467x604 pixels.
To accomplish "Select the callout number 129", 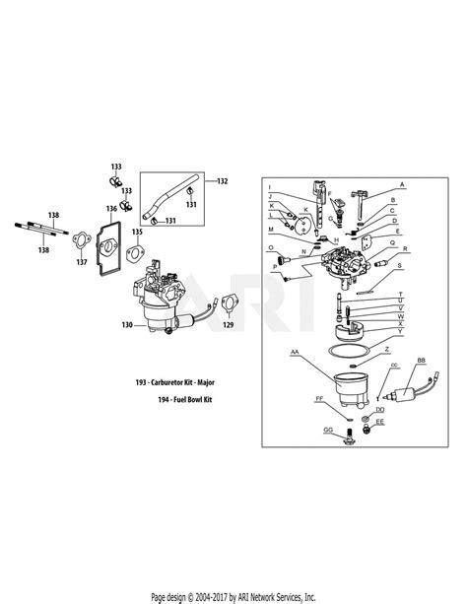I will [230, 324].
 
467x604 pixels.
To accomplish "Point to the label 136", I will [111, 209].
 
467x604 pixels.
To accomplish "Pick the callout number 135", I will [137, 232].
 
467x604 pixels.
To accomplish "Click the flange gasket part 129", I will [228, 302].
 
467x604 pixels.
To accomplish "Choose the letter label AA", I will [295, 351].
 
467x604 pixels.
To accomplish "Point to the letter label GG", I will [327, 431].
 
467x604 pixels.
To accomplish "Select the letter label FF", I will [318, 399].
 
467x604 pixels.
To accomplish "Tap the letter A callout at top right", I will [401, 183].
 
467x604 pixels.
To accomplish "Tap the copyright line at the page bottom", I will [233, 595].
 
